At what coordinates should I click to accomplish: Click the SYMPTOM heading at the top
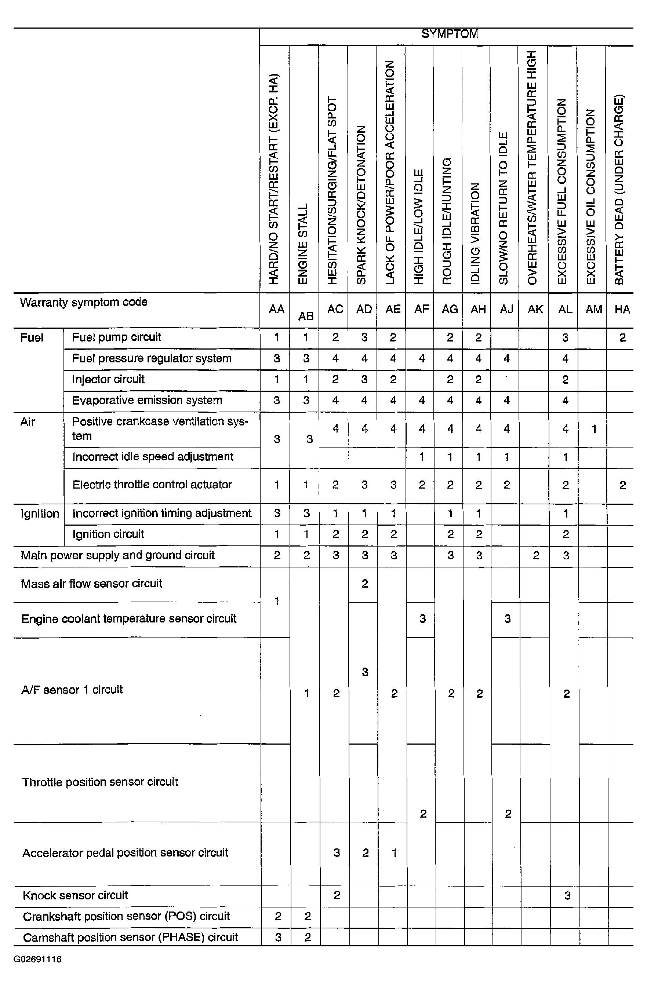coord(449,34)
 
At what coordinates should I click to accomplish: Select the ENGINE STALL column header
coord(303,243)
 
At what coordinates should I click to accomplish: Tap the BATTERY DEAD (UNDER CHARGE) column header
coord(619,190)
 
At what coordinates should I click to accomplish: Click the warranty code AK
coord(535,310)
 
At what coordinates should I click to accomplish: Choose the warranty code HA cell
coord(622,310)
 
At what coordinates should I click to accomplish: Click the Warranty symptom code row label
coord(84,302)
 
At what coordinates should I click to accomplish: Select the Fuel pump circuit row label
coord(116,337)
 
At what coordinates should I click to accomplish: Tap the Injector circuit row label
coord(108,379)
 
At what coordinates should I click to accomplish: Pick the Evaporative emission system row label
coord(147,401)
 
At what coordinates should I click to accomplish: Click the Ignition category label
coord(40,514)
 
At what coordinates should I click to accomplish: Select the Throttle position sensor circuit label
coord(100,782)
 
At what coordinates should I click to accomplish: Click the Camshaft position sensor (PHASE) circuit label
coord(130,938)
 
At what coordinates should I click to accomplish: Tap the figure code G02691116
coord(37,960)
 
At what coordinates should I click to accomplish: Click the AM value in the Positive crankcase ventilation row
coord(594,429)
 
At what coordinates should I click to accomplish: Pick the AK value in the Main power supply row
coord(536,556)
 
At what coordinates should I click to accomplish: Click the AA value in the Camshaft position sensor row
coord(278,938)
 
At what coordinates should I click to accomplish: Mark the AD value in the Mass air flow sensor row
coord(364,584)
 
